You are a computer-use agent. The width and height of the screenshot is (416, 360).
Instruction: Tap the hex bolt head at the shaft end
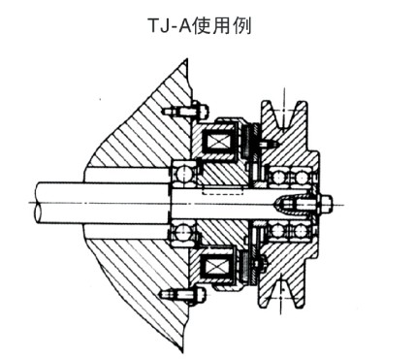[x=324, y=204]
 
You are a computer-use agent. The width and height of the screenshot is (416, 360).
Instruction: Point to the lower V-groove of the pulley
[x=287, y=290]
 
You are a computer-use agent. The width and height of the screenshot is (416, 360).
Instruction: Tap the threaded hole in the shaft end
[x=291, y=204]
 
